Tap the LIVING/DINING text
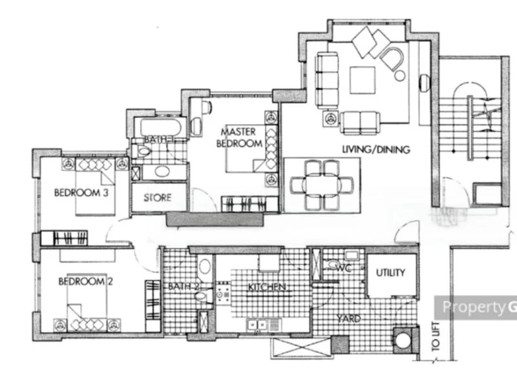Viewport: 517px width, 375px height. (376, 150)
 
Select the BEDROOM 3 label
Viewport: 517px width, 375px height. (80, 192)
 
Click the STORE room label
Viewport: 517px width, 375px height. (157, 197)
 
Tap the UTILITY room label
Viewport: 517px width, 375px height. (390, 272)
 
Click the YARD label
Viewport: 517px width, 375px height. (348, 318)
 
